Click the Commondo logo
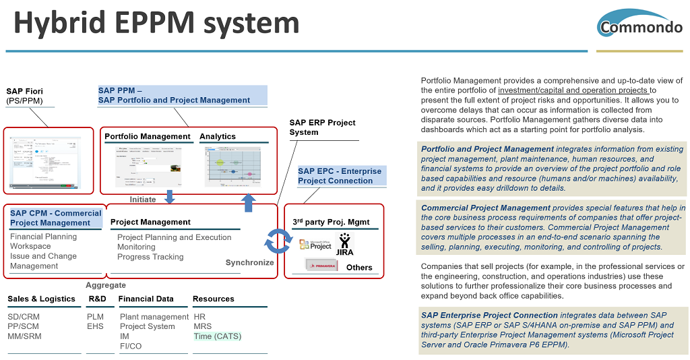pos(639,24)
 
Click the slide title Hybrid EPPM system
pos(156,23)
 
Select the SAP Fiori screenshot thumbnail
pos(48,161)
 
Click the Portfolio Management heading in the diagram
pos(147,136)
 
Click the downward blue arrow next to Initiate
pos(169,197)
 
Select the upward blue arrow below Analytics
pos(249,202)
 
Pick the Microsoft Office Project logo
pos(315,245)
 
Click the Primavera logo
pos(321,265)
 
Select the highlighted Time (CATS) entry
pos(217,336)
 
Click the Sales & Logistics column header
pos(41,299)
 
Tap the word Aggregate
pos(106,285)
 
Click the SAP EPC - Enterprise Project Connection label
pos(340,176)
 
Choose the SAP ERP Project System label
pos(322,127)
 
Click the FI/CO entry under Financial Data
pos(131,346)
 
